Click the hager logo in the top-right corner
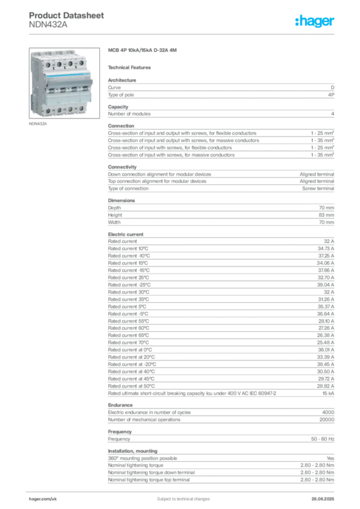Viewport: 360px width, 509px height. (315, 22)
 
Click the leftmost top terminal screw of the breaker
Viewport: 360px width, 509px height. (47, 65)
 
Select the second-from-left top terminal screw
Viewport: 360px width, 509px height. (59, 65)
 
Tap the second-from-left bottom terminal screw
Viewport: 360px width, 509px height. (59, 109)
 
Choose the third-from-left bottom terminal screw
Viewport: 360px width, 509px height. (70, 109)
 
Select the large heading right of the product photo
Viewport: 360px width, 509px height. (143, 51)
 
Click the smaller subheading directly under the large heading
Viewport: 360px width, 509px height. (131, 67)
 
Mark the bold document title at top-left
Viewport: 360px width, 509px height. (67, 16)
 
